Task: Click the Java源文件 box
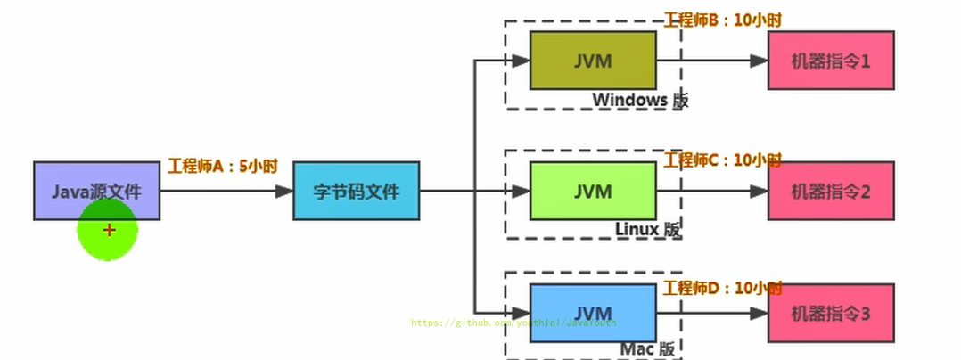(x=96, y=190)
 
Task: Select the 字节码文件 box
(x=356, y=191)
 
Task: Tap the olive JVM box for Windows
(x=593, y=61)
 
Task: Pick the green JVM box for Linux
(x=593, y=191)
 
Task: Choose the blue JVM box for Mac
(x=593, y=313)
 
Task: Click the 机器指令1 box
(x=831, y=61)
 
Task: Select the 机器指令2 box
(x=831, y=191)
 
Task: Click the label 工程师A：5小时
(x=222, y=166)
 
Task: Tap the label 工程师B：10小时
(x=722, y=20)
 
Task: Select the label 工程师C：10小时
(x=722, y=160)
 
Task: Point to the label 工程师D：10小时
(x=722, y=288)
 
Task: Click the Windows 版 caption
(x=640, y=100)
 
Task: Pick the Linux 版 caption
(x=648, y=229)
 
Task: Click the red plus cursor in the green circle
(x=109, y=230)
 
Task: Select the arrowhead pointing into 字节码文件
(x=284, y=191)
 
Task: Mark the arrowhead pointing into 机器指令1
(x=759, y=61)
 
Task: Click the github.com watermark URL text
(x=513, y=323)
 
